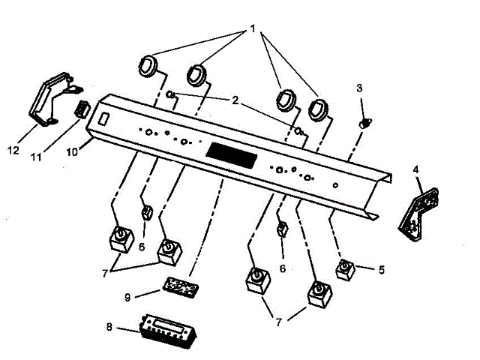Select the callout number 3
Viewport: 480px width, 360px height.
[x=359, y=88]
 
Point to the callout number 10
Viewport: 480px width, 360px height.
[x=72, y=151]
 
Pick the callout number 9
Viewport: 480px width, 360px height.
[x=127, y=297]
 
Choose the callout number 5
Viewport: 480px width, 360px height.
[x=381, y=268]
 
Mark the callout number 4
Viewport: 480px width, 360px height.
[x=416, y=169]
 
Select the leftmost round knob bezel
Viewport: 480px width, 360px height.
[x=148, y=66]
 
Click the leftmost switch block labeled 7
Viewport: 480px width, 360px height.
[x=117, y=239]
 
